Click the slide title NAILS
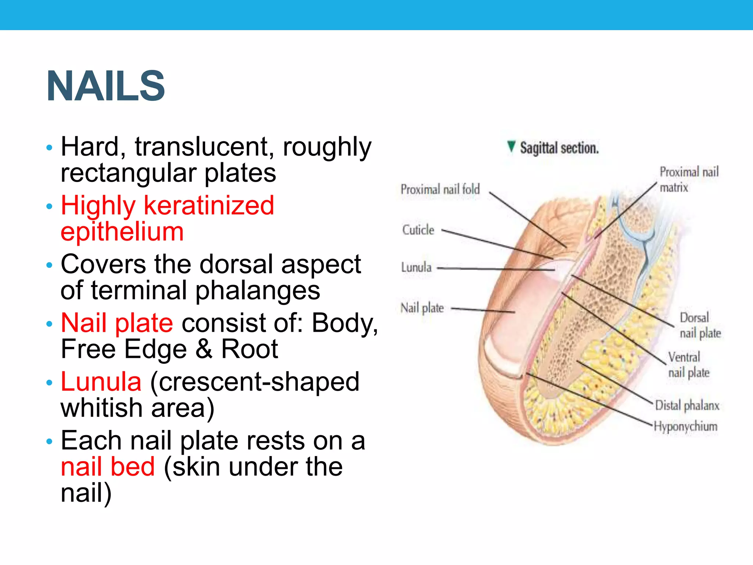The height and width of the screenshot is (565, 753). click(106, 86)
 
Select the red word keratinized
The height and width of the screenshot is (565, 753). click(209, 205)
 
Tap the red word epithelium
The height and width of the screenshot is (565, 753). click(122, 232)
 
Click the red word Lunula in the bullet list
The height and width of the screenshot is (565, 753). click(101, 381)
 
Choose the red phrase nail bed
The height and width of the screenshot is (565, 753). click(108, 467)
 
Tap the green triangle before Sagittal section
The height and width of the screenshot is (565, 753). click(511, 146)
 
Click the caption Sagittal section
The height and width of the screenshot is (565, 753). click(559, 148)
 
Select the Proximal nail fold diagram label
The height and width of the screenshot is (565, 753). click(440, 189)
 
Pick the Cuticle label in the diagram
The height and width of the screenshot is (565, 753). click(418, 230)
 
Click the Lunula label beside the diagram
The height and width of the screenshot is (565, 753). click(416, 267)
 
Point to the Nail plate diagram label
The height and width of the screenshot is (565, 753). click(422, 308)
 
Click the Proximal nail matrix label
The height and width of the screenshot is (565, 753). click(688, 180)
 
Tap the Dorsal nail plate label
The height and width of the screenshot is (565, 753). click(700, 325)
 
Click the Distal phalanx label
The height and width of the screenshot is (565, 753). click(687, 405)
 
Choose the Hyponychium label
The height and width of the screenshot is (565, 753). click(686, 426)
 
